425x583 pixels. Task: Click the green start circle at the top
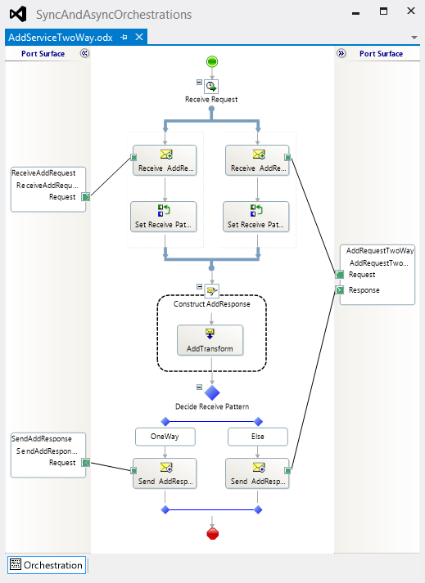click(x=212, y=61)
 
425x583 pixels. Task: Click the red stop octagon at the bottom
click(x=212, y=534)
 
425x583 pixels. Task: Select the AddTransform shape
click(x=210, y=340)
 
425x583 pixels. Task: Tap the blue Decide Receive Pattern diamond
click(x=212, y=392)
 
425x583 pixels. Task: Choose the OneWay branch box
click(x=165, y=437)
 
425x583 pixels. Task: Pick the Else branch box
click(x=258, y=437)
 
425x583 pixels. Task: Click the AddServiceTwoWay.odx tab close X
click(x=139, y=37)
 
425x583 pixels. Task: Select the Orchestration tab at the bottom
click(x=47, y=565)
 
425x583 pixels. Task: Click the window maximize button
click(x=383, y=11)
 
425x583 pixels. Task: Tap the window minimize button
click(x=355, y=13)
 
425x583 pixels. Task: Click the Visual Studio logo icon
click(x=18, y=14)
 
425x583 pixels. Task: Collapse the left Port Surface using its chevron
click(x=85, y=53)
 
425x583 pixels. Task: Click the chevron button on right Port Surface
click(x=341, y=53)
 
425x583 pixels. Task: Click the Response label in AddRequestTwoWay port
click(x=364, y=290)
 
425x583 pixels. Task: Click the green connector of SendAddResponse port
click(x=86, y=463)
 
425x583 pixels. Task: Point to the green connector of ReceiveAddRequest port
click(x=86, y=197)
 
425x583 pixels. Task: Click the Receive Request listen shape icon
click(x=211, y=87)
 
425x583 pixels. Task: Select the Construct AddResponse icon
click(x=212, y=291)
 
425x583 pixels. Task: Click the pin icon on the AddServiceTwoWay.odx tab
click(x=124, y=37)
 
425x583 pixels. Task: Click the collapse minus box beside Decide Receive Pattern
click(x=199, y=387)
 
